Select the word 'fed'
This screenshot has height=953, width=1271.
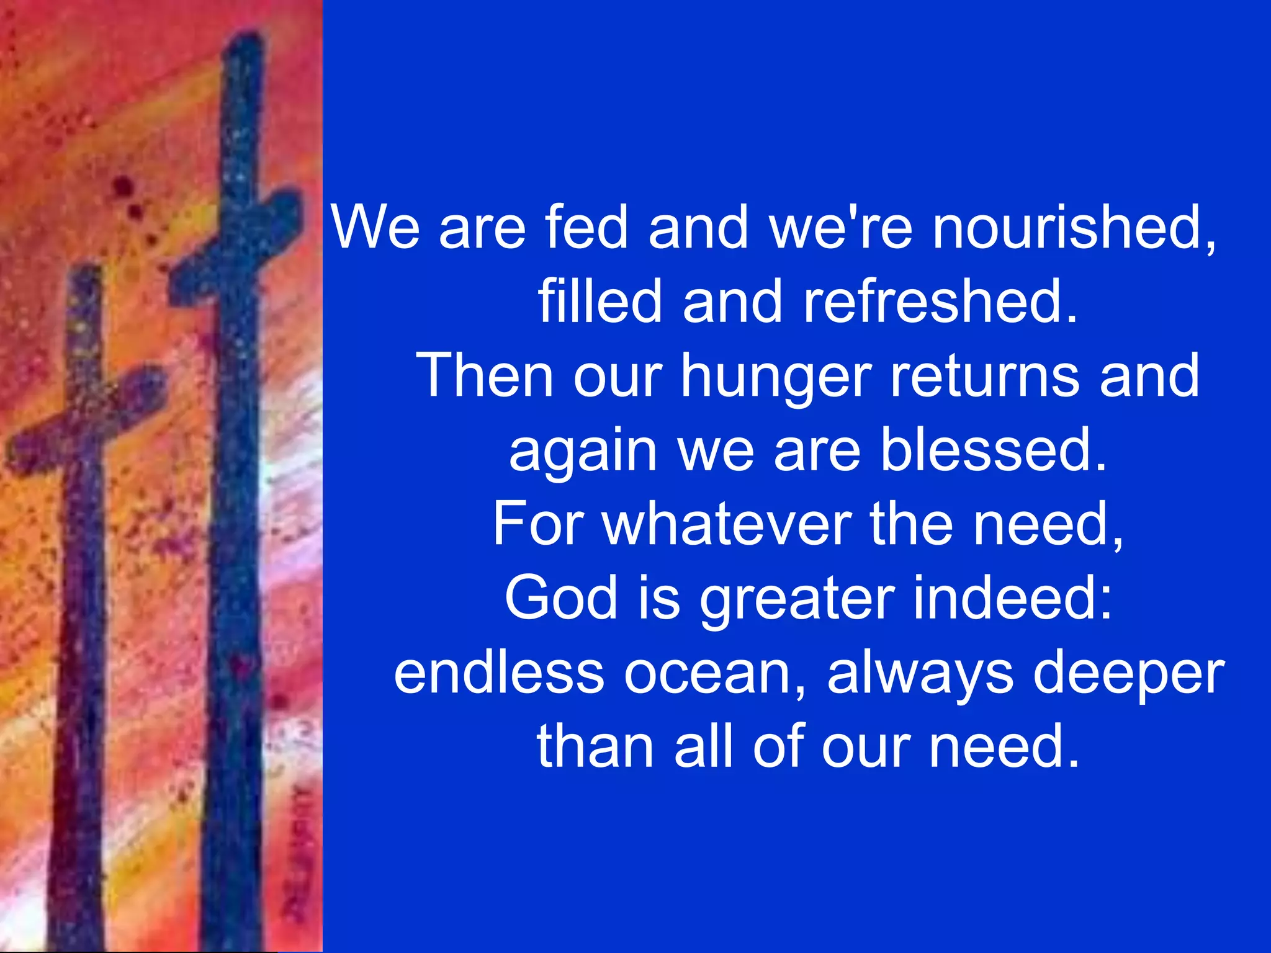586,228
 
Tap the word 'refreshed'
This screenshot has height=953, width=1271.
940,302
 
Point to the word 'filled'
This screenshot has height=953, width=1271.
600,302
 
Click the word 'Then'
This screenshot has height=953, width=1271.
485,375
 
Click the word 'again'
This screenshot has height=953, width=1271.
582,452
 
